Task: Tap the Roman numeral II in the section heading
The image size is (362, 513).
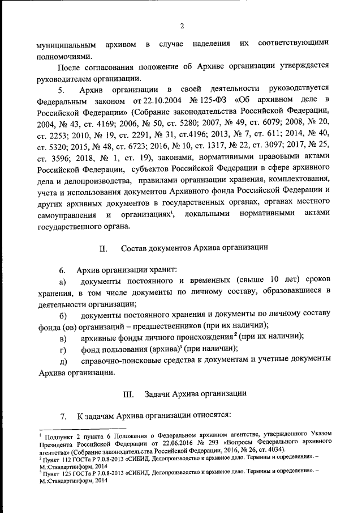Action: [x=102, y=248]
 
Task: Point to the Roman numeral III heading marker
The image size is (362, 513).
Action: [x=127, y=393]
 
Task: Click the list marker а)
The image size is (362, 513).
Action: [x=63, y=282]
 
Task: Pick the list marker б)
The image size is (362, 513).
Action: [x=63, y=315]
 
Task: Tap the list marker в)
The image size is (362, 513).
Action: [x=63, y=338]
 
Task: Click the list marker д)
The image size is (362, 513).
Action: [x=63, y=361]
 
